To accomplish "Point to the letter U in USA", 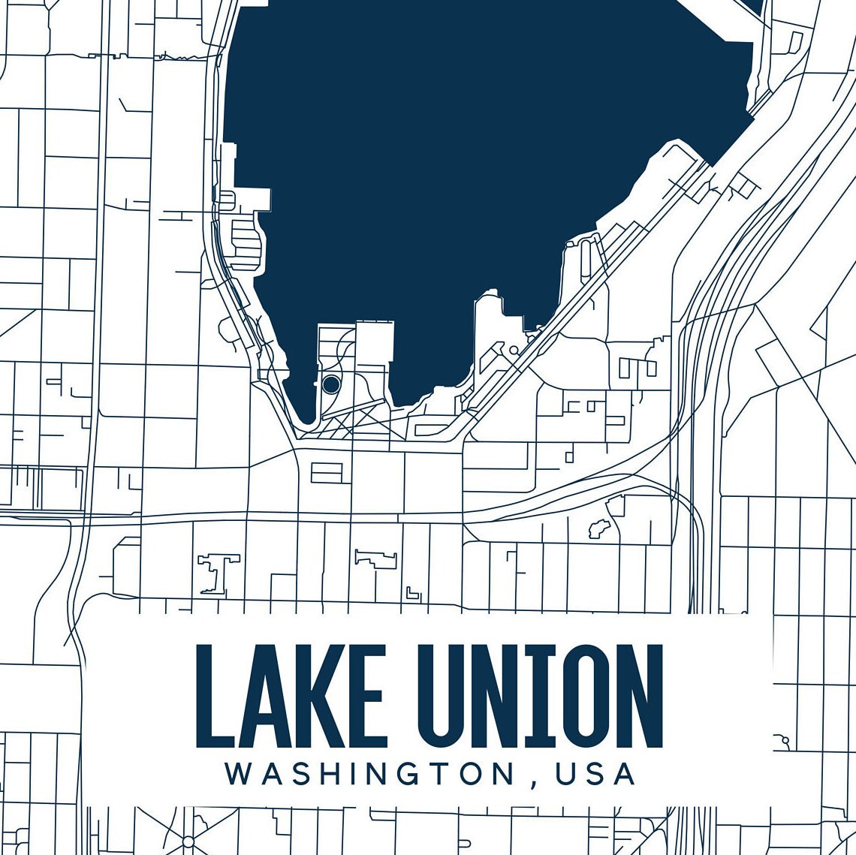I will click(566, 774).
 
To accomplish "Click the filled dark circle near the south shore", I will click(331, 384).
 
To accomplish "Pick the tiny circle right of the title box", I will click(785, 740).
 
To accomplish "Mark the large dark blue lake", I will click(466, 150).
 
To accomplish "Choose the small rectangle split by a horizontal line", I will click(327, 472).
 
